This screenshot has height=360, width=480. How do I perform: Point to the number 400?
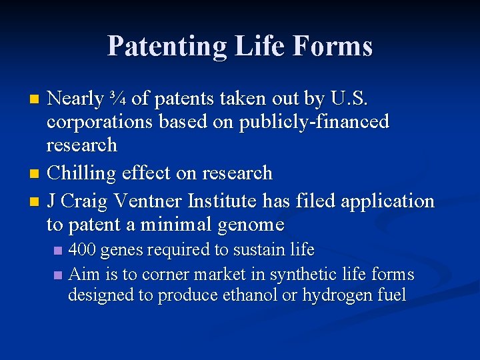click(83, 250)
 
